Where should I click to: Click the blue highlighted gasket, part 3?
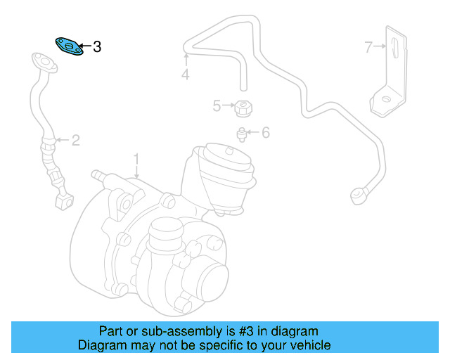[x=69, y=46]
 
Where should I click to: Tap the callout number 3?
[x=97, y=47]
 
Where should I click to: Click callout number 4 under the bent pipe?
[x=185, y=74]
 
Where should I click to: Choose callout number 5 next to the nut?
[x=217, y=106]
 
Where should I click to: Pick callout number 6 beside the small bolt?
[x=266, y=132]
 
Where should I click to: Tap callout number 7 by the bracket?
[x=368, y=47]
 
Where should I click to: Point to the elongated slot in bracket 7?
[x=394, y=52]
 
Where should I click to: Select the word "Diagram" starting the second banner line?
[x=101, y=345]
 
